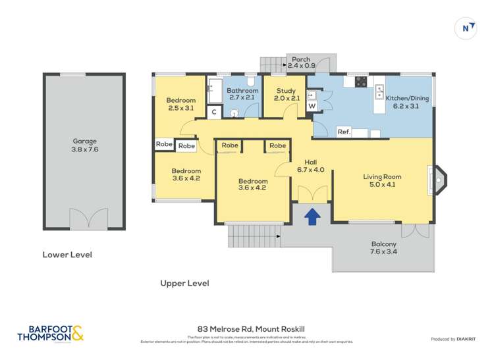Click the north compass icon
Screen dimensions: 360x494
pyautogui.click(x=467, y=28)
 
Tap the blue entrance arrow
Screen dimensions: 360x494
pyautogui.click(x=311, y=215)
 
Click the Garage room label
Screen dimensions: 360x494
pyautogui.click(x=84, y=145)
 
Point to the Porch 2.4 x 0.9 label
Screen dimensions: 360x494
pyautogui.click(x=302, y=63)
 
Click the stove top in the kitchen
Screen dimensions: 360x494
pyautogui.click(x=361, y=82)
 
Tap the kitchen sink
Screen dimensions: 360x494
pyautogui.click(x=379, y=91)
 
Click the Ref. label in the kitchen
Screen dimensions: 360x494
pyautogui.click(x=343, y=132)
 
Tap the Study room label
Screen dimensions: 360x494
pyautogui.click(x=286, y=95)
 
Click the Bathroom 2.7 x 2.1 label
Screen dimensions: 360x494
pyautogui.click(x=241, y=94)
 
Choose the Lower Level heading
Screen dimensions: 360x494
pyautogui.click(x=67, y=255)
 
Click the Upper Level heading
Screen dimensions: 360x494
pyautogui.click(x=184, y=283)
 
